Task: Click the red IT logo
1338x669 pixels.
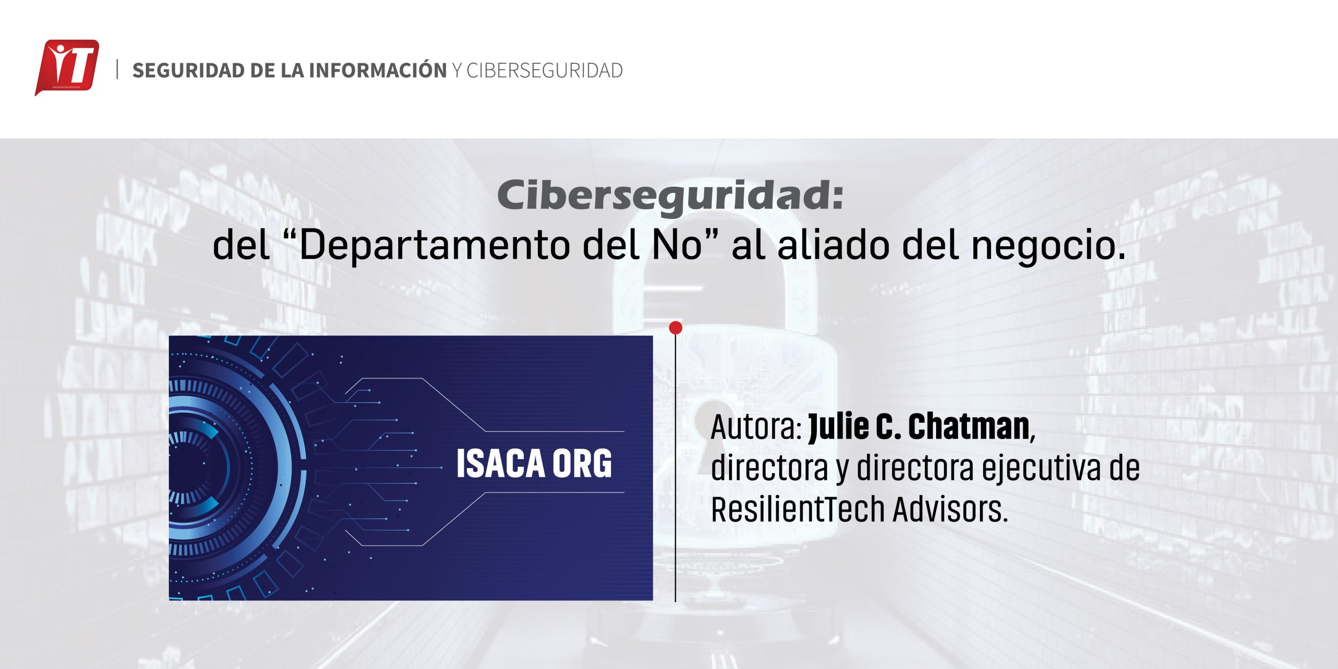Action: pos(67,67)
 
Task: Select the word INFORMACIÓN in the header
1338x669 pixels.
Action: pos(378,70)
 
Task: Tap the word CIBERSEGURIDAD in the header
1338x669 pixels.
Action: pos(545,71)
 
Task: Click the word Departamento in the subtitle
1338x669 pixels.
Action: pos(434,246)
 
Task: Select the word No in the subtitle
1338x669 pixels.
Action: pos(677,245)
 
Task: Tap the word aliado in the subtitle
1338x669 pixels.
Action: pos(833,245)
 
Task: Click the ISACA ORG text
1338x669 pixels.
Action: pos(534,464)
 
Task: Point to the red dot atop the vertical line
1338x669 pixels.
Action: pos(675,328)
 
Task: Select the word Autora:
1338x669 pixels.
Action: pos(756,428)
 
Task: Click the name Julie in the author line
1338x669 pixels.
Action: pos(838,427)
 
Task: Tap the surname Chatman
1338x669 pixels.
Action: pos(969,427)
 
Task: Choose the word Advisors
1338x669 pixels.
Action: pos(950,509)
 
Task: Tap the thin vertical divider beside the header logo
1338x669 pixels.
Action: pos(117,70)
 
